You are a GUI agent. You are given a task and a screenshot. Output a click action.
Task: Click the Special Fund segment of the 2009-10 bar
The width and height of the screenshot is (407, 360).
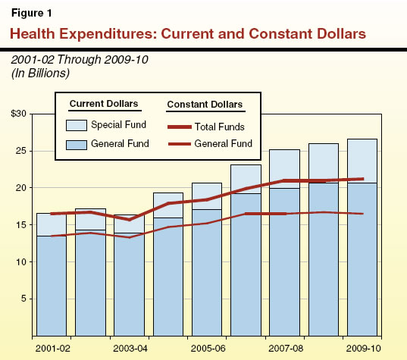tap(361, 161)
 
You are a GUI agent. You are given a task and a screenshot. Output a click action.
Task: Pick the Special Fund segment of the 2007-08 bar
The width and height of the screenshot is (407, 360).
tap(283, 168)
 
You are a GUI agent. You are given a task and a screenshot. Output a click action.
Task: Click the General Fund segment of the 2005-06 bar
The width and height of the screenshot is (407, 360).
tap(206, 273)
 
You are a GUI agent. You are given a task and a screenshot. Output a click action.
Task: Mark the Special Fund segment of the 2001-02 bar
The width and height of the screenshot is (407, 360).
tap(52, 224)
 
